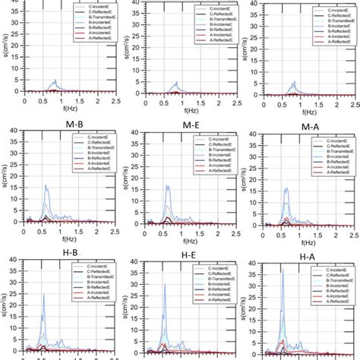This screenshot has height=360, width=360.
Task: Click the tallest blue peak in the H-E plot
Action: [x=165, y=284]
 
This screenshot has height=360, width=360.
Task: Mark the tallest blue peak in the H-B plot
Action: [x=43, y=295]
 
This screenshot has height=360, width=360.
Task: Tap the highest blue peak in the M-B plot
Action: [x=45, y=185]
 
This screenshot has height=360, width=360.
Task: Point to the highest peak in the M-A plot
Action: [x=286, y=188]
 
